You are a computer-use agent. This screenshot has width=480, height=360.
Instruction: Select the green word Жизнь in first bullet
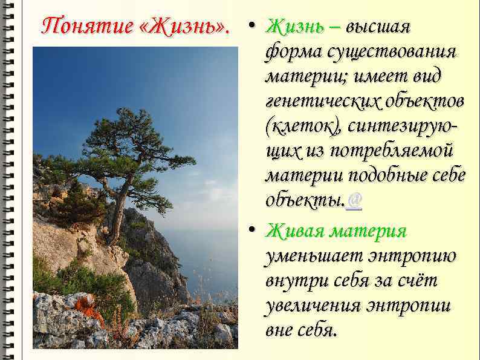(x=294, y=27)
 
